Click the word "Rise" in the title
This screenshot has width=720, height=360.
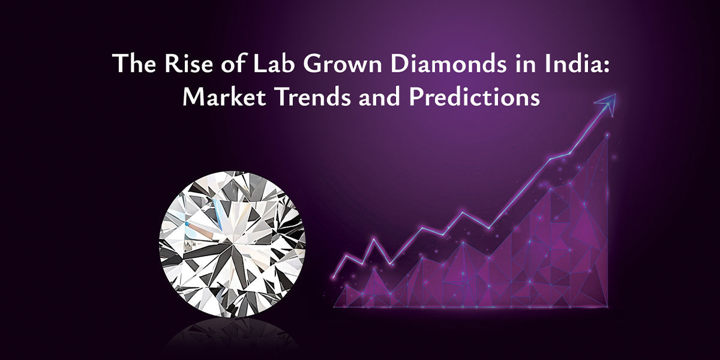(177, 64)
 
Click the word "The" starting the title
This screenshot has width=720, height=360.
(133, 64)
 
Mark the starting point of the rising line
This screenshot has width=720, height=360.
(334, 277)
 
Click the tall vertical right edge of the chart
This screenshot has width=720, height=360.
(607, 222)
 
